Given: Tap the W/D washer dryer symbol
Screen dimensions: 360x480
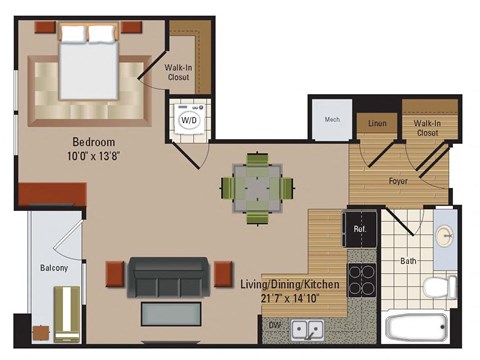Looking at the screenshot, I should click(x=187, y=120).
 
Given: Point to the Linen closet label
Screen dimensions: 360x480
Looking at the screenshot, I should click(x=377, y=124).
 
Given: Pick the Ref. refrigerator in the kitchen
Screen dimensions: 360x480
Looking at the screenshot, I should click(x=360, y=229).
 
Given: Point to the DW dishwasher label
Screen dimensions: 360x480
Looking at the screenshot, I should click(x=274, y=324).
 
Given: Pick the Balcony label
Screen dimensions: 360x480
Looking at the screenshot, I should click(x=54, y=268).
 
